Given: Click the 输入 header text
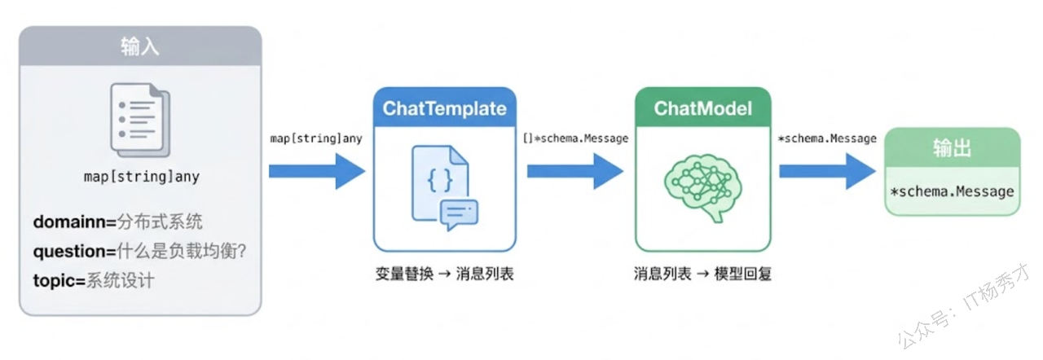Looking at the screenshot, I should coord(140,46).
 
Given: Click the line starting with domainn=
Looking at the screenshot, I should coord(117,222).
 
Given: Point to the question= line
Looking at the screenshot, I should coord(139,252).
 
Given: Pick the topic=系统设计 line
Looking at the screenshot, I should coord(94,281).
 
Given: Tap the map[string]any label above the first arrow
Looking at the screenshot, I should coord(316,138).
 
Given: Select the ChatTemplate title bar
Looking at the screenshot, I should coord(444,108).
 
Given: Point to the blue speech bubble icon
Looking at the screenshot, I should coord(459,213).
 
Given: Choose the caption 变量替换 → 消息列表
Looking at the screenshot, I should coord(445,274).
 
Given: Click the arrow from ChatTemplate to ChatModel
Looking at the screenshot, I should coord(574,171).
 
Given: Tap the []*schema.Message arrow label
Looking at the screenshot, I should coord(575,138).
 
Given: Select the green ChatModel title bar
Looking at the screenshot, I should coord(702,108).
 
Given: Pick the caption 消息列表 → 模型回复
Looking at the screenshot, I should coord(702,274).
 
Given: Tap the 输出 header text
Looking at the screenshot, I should coord(952,147).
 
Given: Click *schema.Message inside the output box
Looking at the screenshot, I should coord(952,192).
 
